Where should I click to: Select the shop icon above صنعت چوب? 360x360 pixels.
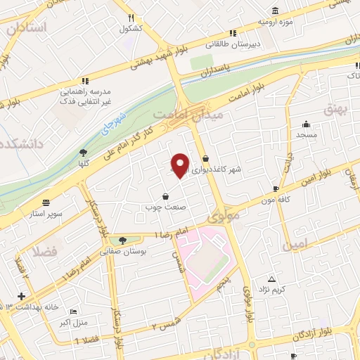[x=165, y=196]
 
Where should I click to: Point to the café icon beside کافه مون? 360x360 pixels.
[x=276, y=189]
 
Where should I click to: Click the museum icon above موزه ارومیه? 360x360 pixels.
[x=274, y=11]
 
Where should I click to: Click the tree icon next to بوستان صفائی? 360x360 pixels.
[x=123, y=240]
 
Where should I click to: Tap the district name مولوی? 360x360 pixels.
[x=224, y=216]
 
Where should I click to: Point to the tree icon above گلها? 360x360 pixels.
[x=83, y=152]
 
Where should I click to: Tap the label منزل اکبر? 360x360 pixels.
[x=73, y=324]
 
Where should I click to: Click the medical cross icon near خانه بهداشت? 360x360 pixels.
[x=21, y=296]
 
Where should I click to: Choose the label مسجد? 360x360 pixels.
[x=307, y=134]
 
